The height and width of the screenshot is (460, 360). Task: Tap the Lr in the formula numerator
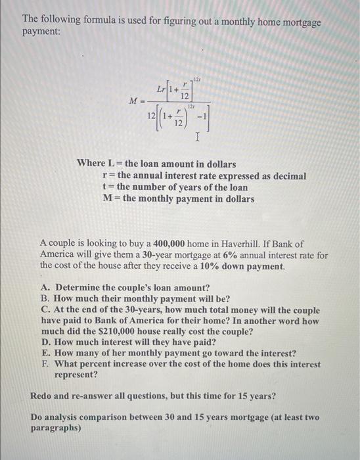[x=162, y=87]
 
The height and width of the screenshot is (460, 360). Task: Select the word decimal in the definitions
[x=288, y=175]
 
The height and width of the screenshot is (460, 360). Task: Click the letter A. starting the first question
[x=46, y=287]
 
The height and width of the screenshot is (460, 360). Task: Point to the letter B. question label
[x=45, y=298]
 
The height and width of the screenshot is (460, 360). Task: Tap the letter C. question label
[x=45, y=310]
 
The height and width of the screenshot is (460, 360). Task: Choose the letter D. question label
[x=46, y=342]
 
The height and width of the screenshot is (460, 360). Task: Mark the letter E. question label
[x=45, y=353]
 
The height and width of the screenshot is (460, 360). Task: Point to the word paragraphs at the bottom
[x=56, y=428]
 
